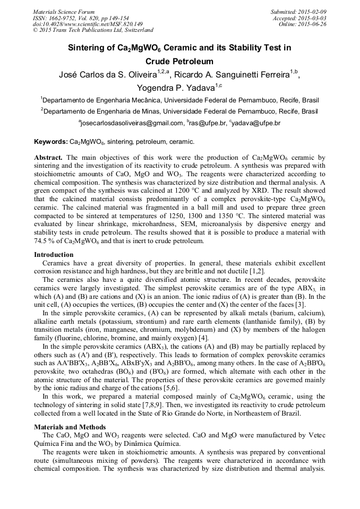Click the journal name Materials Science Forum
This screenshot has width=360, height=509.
pyautogui.click(x=64, y=12)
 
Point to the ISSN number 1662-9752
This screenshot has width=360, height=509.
pyautogui.click(x=70, y=18)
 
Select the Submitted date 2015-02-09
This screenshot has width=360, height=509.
pyautogui.click(x=312, y=12)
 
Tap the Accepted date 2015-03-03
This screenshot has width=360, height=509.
pyautogui.click(x=312, y=18)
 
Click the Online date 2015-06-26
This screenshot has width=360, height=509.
pyautogui.click(x=312, y=24)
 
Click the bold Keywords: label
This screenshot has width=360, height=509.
pyautogui.click(x=50, y=142)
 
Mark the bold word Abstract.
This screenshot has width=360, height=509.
pyautogui.click(x=48, y=158)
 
